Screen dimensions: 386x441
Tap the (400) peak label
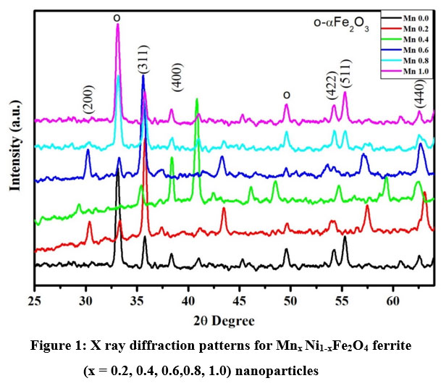pos(178,76)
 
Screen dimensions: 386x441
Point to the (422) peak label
pos(332,86)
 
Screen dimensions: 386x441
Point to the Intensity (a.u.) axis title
pos(14,146)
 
